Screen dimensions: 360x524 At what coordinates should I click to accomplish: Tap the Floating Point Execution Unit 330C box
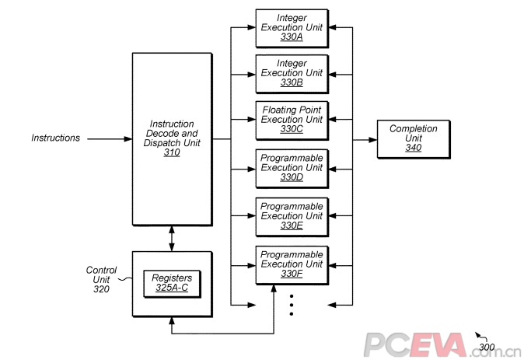pos(292,119)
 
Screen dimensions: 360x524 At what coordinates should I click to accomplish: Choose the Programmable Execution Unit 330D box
pos(292,167)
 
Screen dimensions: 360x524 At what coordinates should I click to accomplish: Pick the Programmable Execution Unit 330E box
pos(292,215)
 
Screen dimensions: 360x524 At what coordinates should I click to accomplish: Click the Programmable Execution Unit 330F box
pos(292,264)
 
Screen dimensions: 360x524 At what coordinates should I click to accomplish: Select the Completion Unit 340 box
pos(413,138)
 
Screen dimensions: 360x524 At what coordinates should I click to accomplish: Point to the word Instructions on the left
pos(55,138)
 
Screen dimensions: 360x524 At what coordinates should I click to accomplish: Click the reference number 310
pos(172,153)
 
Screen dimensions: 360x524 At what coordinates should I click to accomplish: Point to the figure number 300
pos(487,347)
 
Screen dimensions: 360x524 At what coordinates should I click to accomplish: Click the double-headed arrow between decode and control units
pos(172,238)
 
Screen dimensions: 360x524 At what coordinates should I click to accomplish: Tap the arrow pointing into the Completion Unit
pos(365,140)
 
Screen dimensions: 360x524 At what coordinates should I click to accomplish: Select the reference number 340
pos(413,148)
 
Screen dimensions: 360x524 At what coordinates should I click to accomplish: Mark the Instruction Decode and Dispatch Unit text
pos(172,134)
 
